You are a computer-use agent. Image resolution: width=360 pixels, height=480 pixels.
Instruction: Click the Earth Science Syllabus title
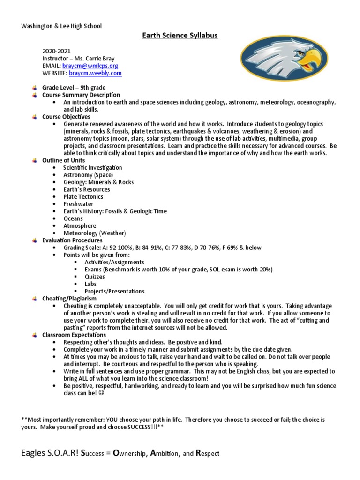pyautogui.click(x=180, y=36)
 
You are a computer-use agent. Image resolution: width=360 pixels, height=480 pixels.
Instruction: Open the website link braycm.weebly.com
pyautogui.click(x=95, y=73)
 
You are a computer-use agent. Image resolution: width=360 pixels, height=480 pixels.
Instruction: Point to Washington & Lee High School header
pyautogui.click(x=61, y=26)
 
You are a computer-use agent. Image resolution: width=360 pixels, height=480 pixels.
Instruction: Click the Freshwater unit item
pyautogui.click(x=78, y=204)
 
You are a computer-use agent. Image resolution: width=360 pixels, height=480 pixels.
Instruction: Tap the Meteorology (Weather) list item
pyautogui.click(x=95, y=233)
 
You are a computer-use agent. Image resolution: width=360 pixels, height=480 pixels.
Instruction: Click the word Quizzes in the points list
pyautogui.click(x=95, y=277)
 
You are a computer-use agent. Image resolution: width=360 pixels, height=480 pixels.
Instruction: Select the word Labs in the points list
pyautogui.click(x=90, y=284)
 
